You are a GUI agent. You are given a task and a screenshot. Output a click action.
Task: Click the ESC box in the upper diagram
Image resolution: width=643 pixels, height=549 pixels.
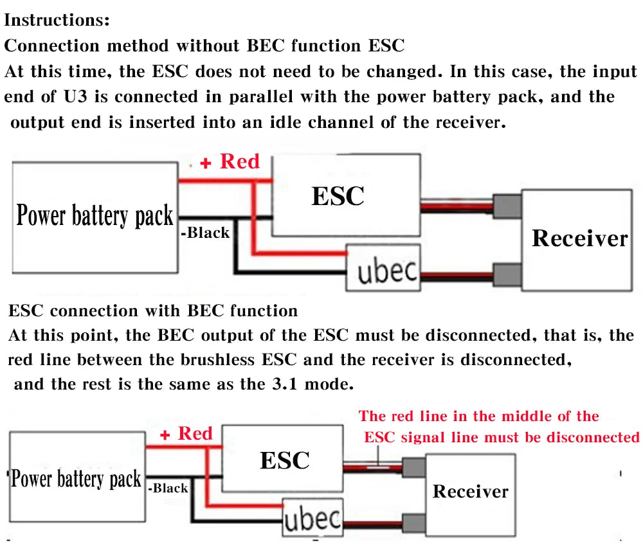click(x=338, y=196)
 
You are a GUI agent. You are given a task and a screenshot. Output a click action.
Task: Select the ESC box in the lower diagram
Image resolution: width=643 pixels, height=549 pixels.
click(x=284, y=460)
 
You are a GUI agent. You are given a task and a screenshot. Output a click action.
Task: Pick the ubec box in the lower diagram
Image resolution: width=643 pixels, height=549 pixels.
click(x=313, y=518)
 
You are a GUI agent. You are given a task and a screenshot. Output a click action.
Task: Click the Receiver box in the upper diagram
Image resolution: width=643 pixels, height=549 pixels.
click(x=579, y=239)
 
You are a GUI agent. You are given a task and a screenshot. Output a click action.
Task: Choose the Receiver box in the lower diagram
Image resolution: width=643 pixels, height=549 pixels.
click(x=470, y=492)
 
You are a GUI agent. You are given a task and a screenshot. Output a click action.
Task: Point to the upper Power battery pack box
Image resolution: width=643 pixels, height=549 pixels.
click(x=95, y=216)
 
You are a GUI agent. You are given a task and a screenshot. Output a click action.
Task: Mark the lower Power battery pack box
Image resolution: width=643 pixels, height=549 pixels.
click(x=76, y=480)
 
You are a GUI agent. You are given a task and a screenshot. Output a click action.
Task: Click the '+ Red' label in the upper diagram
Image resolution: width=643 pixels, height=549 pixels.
click(x=230, y=162)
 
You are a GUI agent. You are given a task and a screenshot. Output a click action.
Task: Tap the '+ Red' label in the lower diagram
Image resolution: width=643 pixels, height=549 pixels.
click(x=186, y=434)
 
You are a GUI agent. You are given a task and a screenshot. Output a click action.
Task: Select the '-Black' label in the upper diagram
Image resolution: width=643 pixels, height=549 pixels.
click(x=205, y=233)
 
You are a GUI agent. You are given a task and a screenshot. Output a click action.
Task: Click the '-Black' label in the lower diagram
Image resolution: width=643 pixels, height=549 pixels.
click(x=168, y=488)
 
